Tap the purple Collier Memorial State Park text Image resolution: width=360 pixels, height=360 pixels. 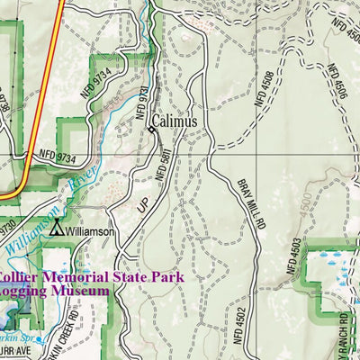85,277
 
